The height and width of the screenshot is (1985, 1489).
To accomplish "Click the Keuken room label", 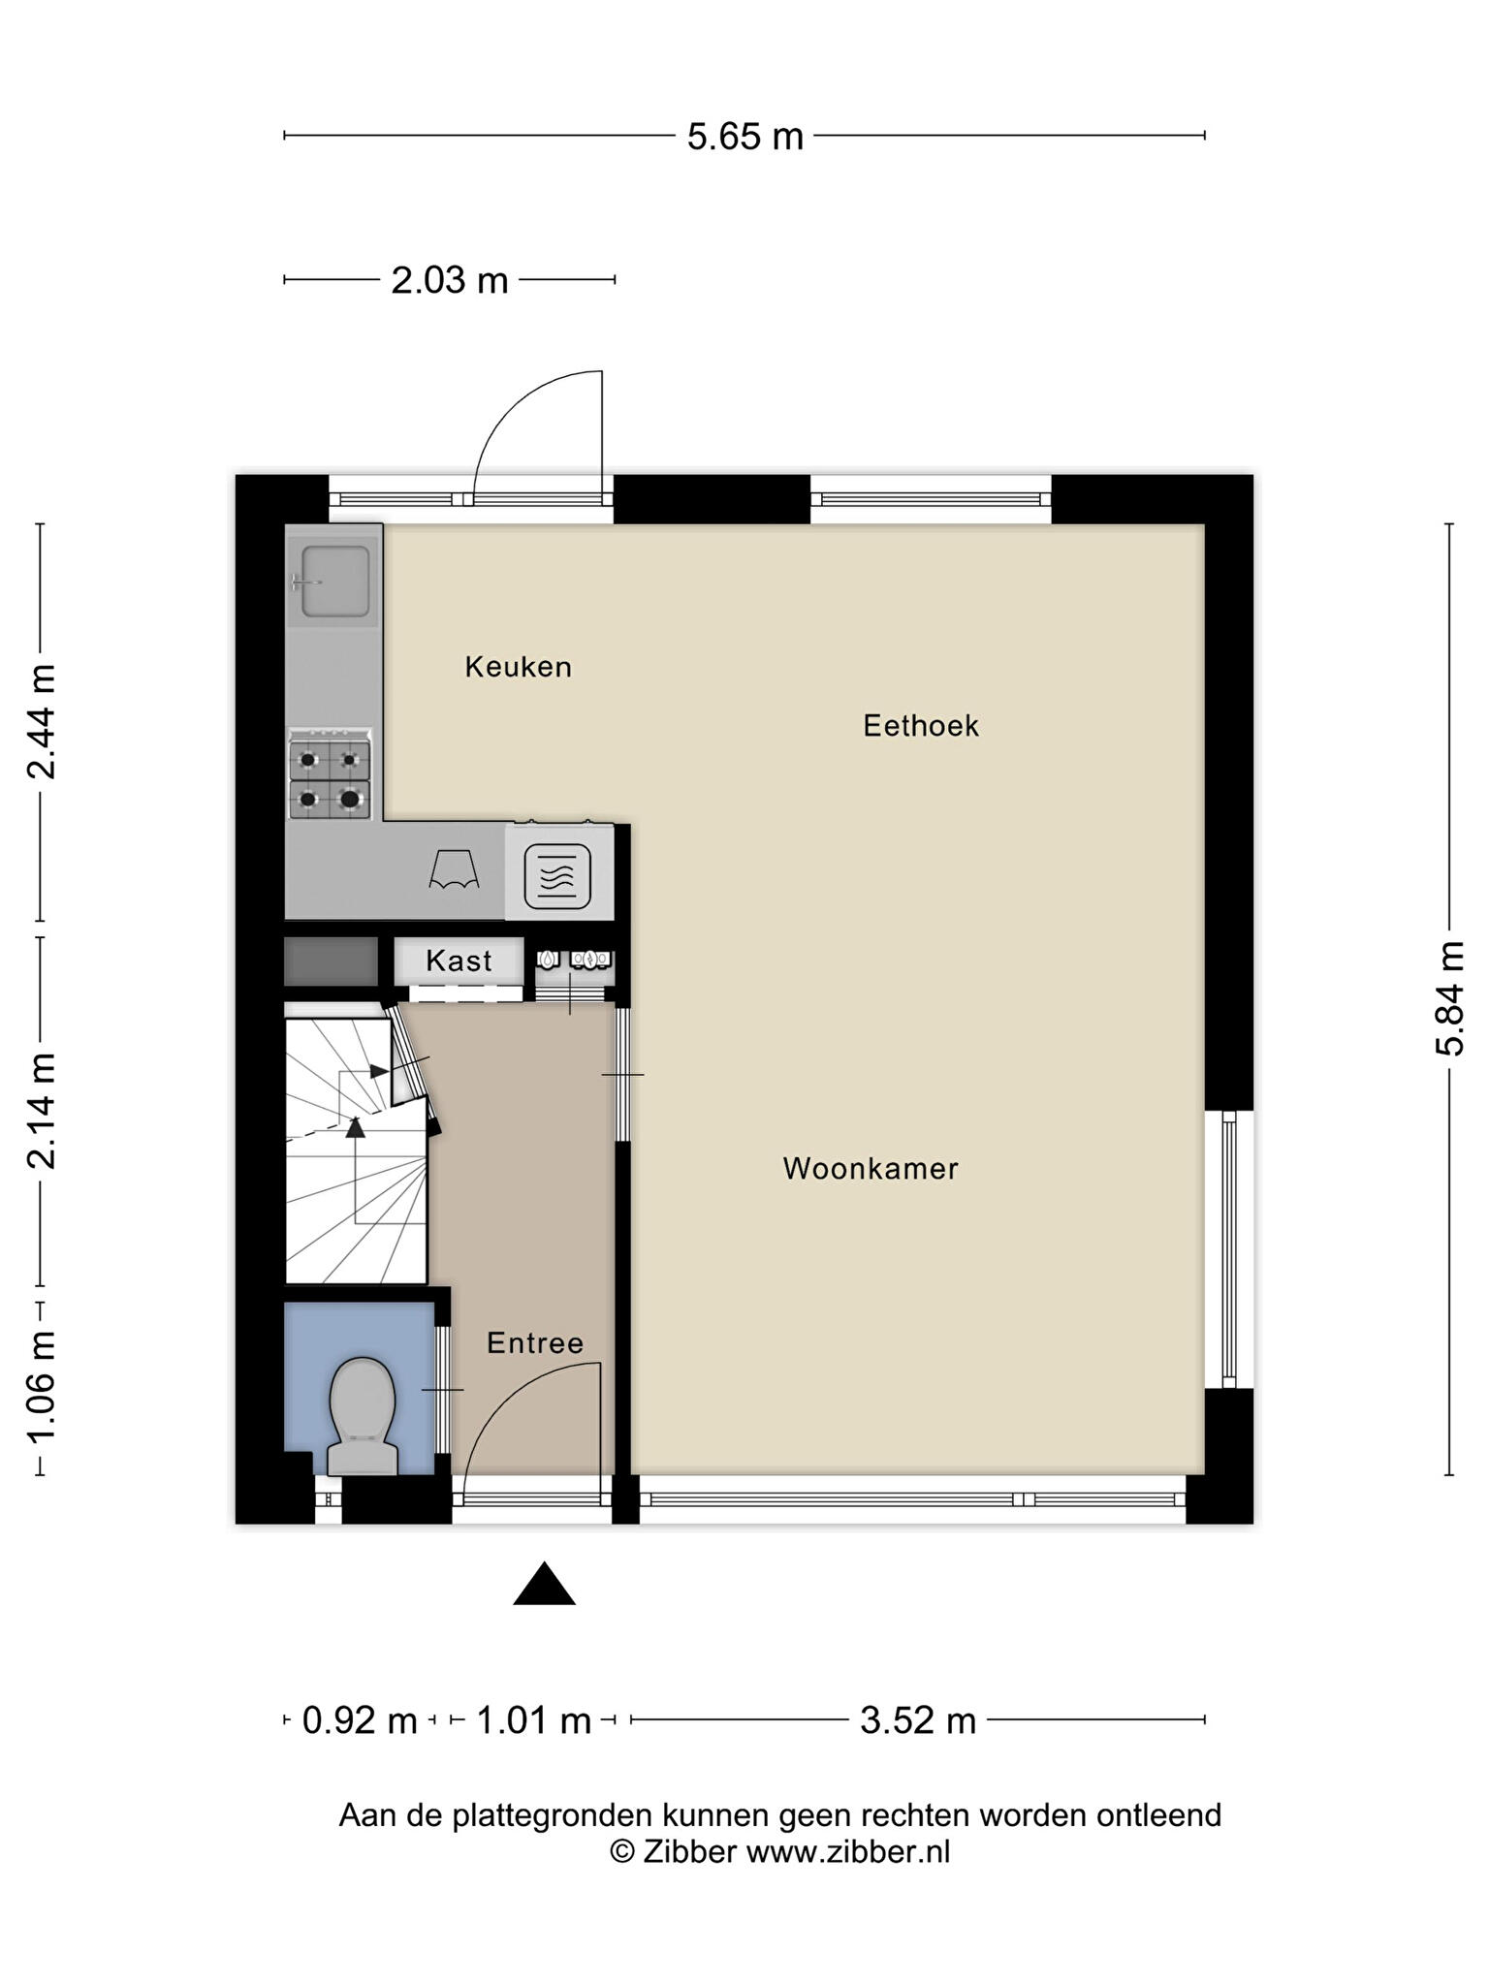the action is click(518, 667).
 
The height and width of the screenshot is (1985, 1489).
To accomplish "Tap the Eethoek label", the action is click(921, 726).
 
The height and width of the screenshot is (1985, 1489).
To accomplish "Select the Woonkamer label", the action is click(871, 1169).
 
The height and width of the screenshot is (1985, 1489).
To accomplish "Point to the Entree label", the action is click(535, 1343).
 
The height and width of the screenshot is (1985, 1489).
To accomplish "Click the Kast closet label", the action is click(459, 961).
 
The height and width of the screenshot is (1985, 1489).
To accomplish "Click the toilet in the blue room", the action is click(363, 1416).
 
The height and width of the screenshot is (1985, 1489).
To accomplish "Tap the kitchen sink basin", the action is click(335, 582).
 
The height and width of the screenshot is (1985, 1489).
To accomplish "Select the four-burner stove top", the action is click(330, 774).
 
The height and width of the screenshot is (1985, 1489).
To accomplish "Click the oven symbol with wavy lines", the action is click(557, 876).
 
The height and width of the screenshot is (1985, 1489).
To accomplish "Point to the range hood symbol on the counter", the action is click(455, 869).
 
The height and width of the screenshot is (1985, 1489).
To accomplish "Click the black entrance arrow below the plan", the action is click(544, 1584).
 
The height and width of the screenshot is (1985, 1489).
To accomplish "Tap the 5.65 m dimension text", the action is click(745, 137).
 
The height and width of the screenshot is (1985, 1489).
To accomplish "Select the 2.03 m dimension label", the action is click(450, 281).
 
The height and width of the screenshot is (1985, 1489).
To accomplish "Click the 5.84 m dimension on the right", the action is click(1450, 997).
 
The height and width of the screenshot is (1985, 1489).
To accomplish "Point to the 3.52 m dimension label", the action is click(918, 1720).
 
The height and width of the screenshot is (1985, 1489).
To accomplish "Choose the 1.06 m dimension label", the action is click(41, 1387).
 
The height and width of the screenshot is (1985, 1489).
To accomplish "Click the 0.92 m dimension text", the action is click(360, 1720).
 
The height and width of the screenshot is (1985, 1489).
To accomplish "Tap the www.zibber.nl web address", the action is click(848, 1852).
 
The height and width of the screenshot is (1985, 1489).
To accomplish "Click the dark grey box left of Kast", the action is click(331, 961).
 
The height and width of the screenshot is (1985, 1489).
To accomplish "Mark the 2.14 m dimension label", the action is click(41, 1111).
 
